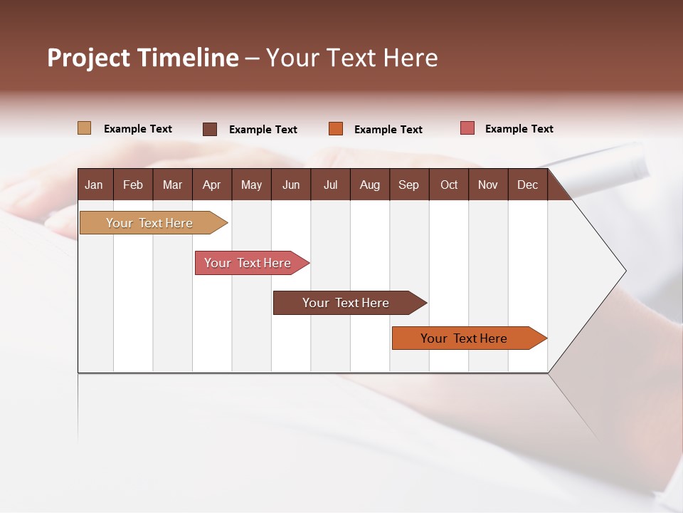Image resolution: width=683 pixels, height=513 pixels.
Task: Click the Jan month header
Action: pos(94,185)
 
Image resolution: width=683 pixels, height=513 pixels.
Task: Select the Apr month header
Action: pos(211,185)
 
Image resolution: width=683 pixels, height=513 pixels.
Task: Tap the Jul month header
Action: pos(330,185)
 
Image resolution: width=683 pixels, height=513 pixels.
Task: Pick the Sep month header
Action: pos(408,185)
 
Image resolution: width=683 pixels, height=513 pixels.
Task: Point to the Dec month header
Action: pos(527,185)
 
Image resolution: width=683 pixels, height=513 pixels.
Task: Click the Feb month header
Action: pos(133,185)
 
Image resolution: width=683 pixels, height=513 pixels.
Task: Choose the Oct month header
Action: pos(448,185)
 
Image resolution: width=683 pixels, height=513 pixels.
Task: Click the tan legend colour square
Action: pos(84,128)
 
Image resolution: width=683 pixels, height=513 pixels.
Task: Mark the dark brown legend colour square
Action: pos(210,129)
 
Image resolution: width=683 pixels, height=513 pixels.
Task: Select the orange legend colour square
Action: pos(336,129)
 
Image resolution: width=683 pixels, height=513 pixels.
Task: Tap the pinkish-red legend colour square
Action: pos(467,128)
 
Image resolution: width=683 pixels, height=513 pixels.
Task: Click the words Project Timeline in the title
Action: pos(143,58)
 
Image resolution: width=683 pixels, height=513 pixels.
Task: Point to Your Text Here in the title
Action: pos(352,58)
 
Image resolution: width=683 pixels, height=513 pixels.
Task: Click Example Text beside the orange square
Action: pos(388,130)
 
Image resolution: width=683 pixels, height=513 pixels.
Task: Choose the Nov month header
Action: pos(488,185)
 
